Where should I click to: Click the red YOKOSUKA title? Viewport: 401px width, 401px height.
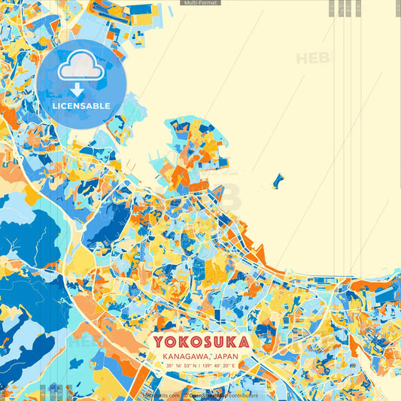click(x=202, y=342)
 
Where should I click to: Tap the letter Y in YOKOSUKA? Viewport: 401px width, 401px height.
click(x=159, y=342)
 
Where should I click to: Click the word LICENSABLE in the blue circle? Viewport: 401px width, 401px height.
click(x=81, y=105)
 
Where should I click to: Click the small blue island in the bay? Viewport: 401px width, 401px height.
click(x=278, y=181)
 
